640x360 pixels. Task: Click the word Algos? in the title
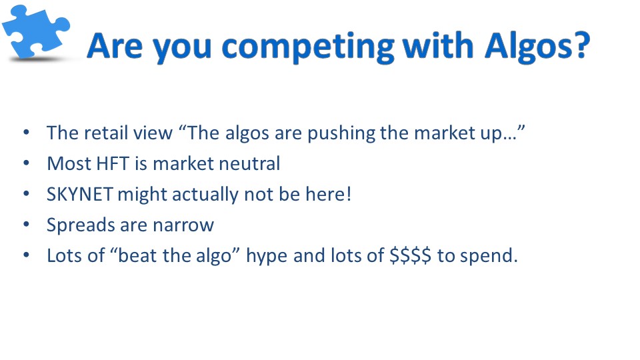coord(537,47)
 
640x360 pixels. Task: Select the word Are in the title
coord(115,46)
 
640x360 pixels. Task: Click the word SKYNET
coord(79,194)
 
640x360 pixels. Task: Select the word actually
coord(205,195)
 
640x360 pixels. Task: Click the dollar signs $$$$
coord(410,256)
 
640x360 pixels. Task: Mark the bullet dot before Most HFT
coord(27,163)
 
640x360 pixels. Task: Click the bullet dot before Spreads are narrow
coord(27,224)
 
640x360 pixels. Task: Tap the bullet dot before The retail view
coord(27,132)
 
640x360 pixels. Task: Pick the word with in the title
coord(438,45)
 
